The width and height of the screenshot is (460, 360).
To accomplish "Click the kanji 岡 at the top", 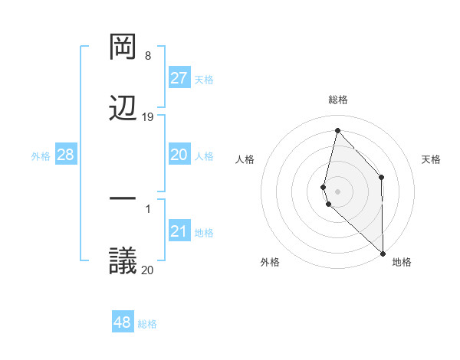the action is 123,47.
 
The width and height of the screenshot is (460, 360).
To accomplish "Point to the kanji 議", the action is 123,260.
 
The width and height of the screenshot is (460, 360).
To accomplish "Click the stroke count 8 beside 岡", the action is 148,56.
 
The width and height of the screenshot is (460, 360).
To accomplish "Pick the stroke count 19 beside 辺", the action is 148,117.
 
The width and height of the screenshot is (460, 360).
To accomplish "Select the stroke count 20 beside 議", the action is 148,269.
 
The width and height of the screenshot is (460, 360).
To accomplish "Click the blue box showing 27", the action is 179,78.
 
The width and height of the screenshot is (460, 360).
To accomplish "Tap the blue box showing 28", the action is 66,155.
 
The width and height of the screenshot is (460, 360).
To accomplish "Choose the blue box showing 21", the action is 179,231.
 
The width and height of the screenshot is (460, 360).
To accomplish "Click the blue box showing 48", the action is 122,322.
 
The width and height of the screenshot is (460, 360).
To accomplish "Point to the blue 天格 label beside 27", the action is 203,80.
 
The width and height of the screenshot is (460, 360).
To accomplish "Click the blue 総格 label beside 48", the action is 147,324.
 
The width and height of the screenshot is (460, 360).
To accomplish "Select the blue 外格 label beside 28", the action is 41,156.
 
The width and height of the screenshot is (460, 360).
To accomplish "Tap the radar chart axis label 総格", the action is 337,100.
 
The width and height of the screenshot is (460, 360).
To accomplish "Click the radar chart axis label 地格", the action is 402,262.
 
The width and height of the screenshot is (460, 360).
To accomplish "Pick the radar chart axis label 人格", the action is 245,159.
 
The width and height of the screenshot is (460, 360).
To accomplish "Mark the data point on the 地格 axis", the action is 383,253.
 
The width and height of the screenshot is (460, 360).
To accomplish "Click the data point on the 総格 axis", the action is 337,129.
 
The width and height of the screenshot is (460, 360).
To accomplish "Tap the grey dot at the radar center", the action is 337,191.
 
